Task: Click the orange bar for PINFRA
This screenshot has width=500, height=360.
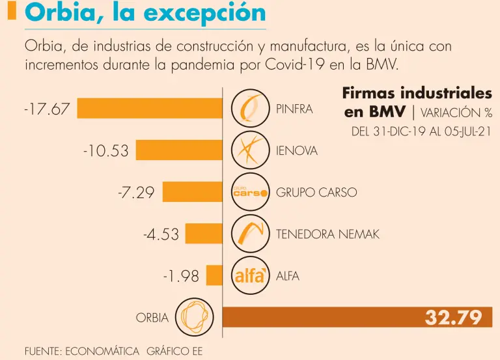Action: [150, 108]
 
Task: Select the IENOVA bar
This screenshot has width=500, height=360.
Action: [179, 150]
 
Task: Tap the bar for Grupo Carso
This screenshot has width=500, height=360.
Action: [192, 192]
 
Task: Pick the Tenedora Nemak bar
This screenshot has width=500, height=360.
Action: [204, 234]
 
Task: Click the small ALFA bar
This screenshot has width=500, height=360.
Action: [214, 275]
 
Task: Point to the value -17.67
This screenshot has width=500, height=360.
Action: [46, 109]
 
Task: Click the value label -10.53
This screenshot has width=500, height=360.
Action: [105, 151]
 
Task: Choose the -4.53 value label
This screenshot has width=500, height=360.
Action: [161, 234]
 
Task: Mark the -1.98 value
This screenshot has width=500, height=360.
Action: [181, 276]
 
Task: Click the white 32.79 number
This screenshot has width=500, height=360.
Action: [454, 318]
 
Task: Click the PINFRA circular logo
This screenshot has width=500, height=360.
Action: [250, 108]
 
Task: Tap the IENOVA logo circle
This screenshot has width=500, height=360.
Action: [250, 150]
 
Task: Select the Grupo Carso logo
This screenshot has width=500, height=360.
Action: [250, 192]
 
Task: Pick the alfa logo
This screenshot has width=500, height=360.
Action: [250, 275]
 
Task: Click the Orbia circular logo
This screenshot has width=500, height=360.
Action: [193, 317]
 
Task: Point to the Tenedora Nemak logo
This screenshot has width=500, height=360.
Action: [250, 234]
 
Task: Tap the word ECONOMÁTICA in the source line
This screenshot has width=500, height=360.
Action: [102, 352]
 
